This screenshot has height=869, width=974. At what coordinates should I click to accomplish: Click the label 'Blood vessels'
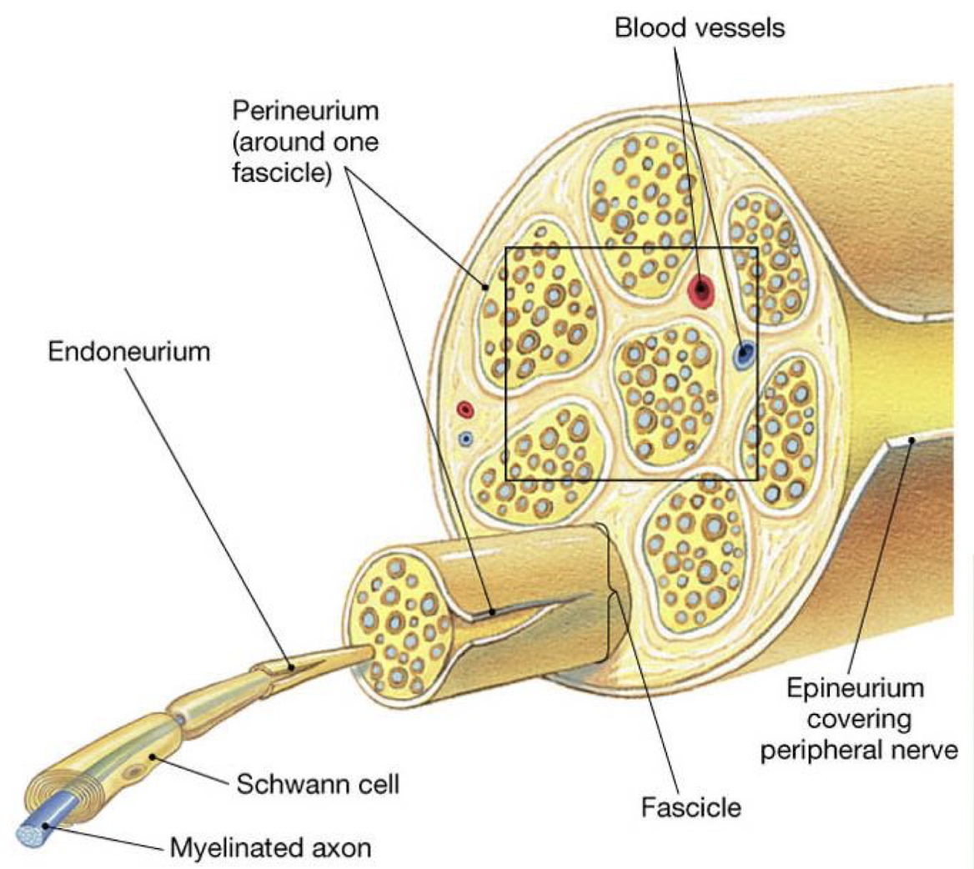click(699, 28)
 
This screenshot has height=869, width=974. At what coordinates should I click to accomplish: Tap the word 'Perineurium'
click(305, 110)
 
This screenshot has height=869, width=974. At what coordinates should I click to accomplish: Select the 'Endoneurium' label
click(128, 351)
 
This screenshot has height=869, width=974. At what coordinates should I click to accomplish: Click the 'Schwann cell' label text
click(318, 783)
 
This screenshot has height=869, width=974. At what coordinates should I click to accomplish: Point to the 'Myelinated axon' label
click(270, 848)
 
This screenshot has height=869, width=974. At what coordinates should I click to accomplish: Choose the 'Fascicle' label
click(690, 807)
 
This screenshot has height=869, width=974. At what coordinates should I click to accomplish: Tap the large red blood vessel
click(702, 290)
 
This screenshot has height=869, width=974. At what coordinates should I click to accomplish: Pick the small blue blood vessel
click(466, 438)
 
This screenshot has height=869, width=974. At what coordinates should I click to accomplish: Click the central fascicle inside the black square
click(665, 391)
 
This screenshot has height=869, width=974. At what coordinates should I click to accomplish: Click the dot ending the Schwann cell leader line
click(153, 756)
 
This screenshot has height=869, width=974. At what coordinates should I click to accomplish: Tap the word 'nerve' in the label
click(929, 750)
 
